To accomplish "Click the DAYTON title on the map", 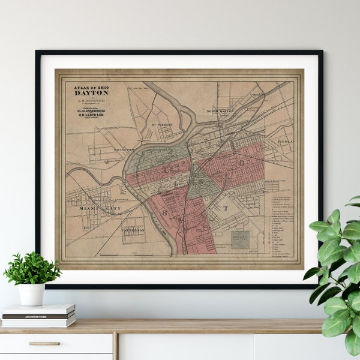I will coord(91,92).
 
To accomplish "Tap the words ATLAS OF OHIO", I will coord(91,86).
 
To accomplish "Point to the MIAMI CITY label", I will coord(100,209).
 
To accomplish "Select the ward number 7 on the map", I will coord(226,208).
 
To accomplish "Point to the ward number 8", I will coord(164,212).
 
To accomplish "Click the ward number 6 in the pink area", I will coord(242,162).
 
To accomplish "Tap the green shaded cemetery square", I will coord(240,240).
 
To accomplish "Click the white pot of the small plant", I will coord(31,293).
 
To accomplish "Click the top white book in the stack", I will coord(38,308).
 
